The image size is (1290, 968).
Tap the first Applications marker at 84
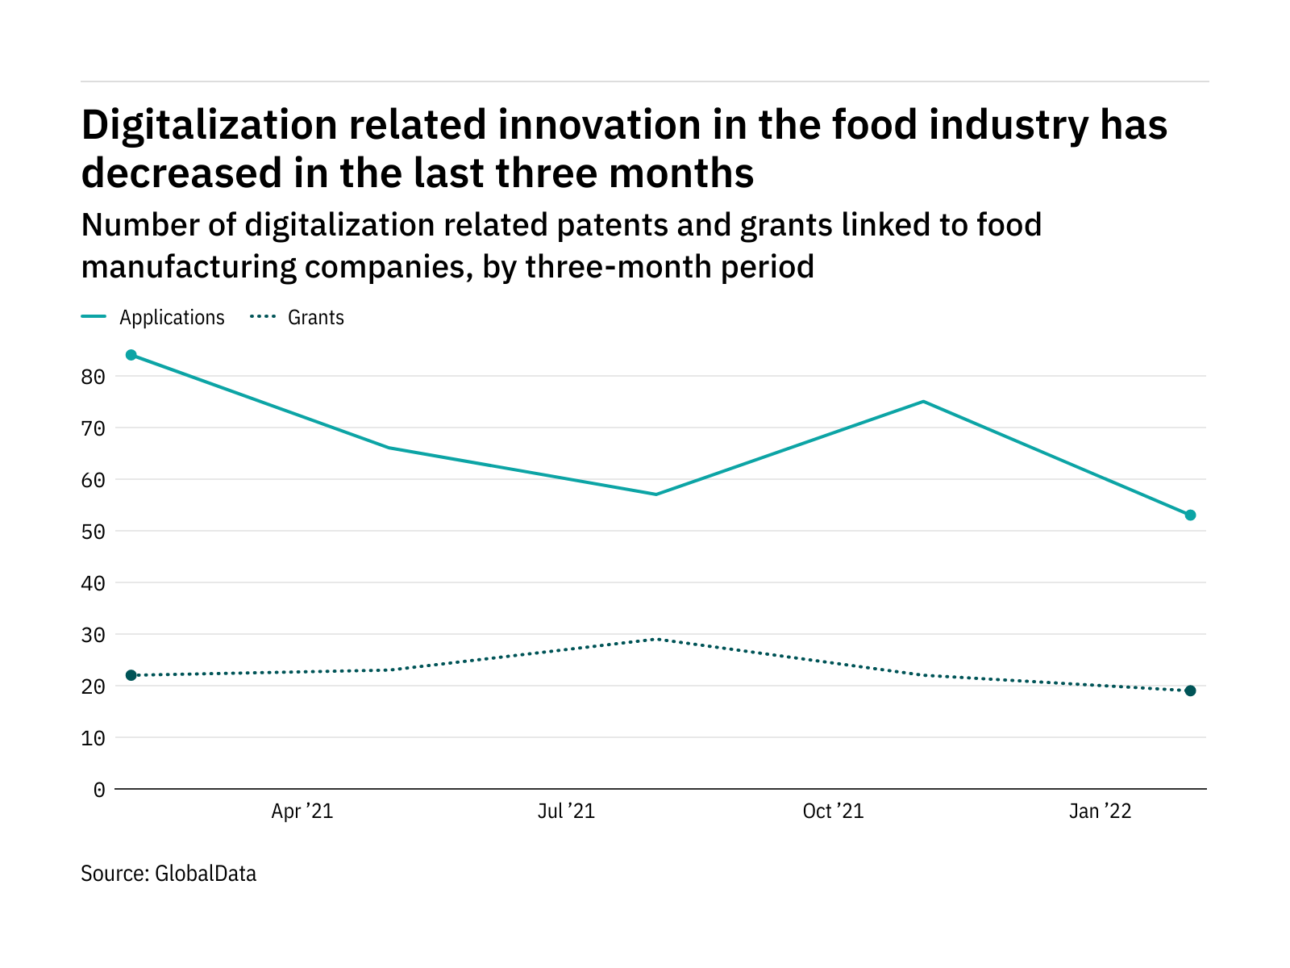(x=131, y=355)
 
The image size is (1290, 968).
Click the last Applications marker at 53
(x=1190, y=515)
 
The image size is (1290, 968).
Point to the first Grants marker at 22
(x=131, y=675)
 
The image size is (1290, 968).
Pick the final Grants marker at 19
(x=1190, y=691)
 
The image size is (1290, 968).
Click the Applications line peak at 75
(x=924, y=402)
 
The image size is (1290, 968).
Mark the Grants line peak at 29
(x=656, y=639)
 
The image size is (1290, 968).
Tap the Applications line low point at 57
(x=656, y=494)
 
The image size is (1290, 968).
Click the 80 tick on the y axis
(x=94, y=377)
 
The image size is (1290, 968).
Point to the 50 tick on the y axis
(x=94, y=532)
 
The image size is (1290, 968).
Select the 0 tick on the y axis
(x=99, y=790)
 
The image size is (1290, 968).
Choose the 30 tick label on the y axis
(x=94, y=635)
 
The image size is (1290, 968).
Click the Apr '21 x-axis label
(x=302, y=812)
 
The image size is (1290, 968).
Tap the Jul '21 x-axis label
(x=566, y=812)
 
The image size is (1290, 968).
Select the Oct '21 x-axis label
(x=833, y=812)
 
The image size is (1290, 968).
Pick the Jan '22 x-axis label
(x=1101, y=812)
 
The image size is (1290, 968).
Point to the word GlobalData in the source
(x=206, y=874)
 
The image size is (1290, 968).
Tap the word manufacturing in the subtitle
(x=187, y=266)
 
